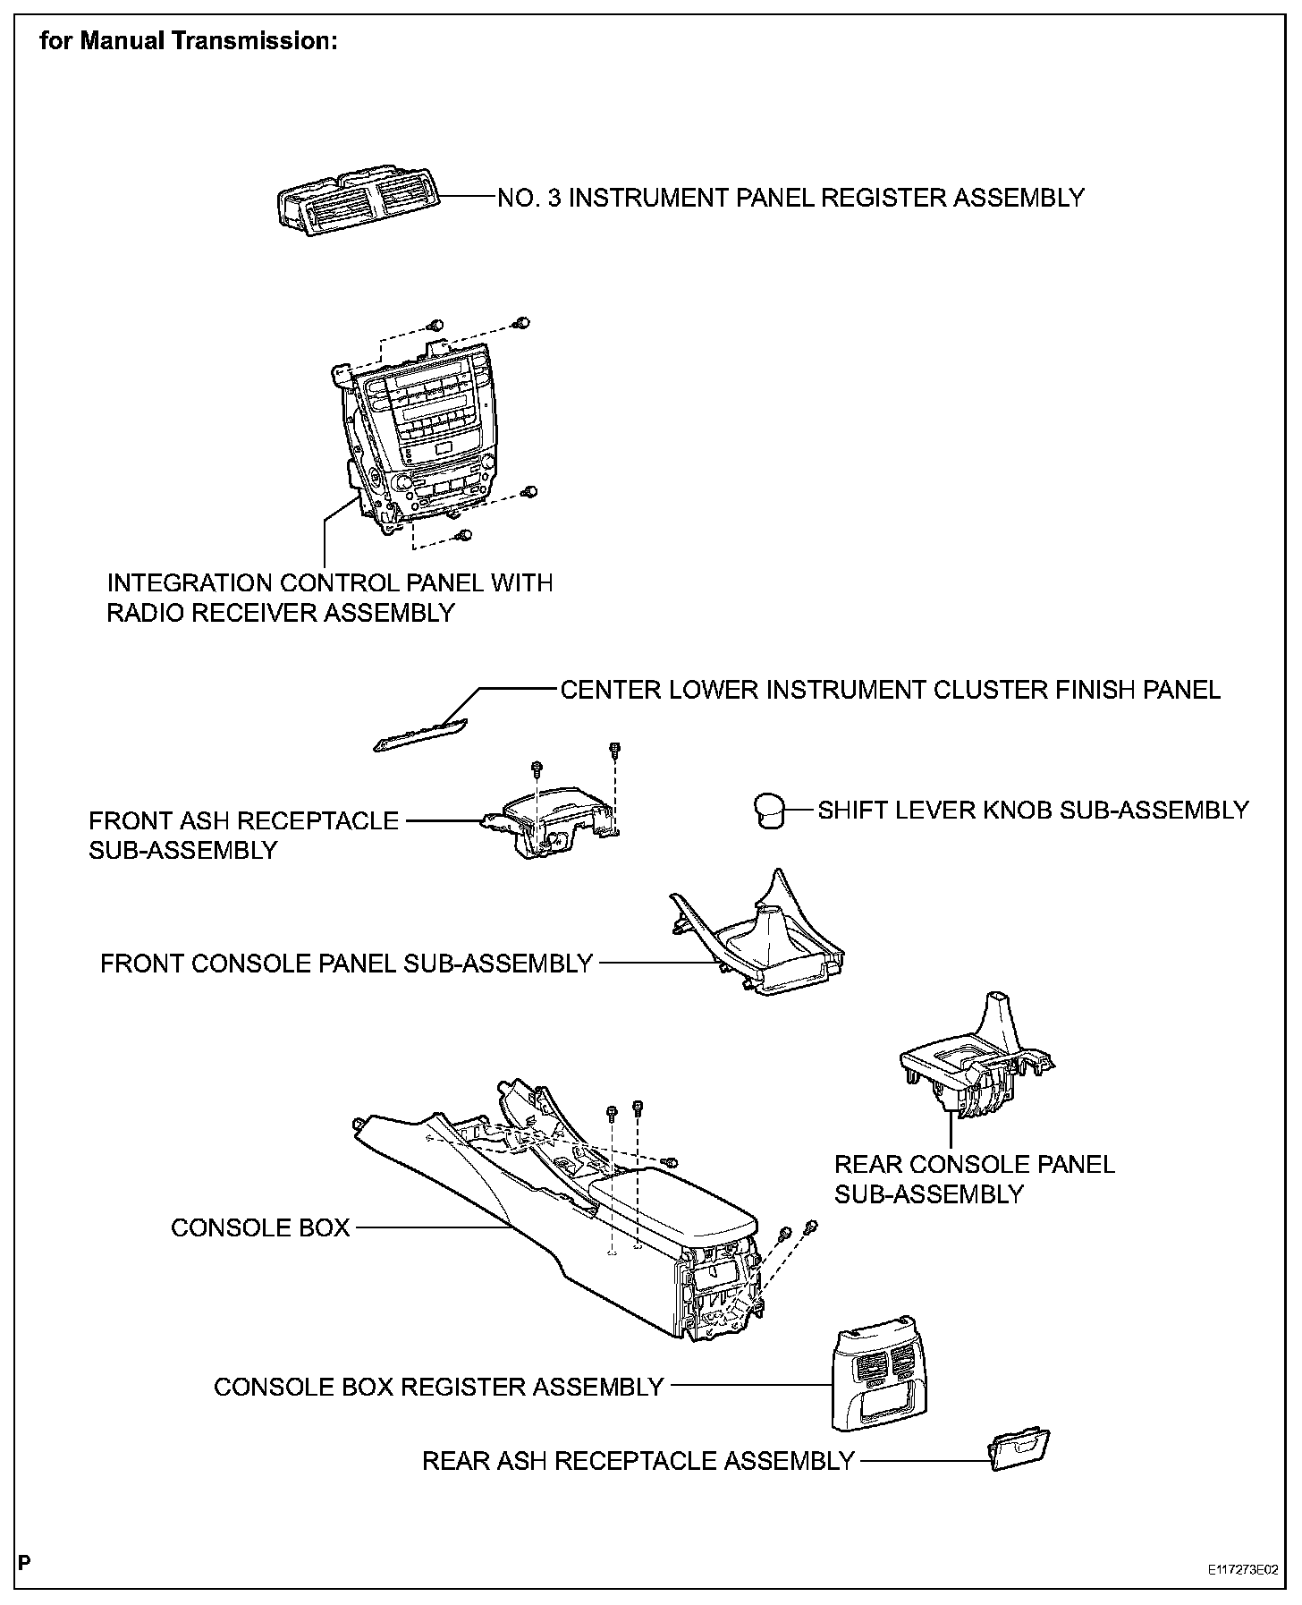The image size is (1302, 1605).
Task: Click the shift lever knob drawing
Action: click(768, 811)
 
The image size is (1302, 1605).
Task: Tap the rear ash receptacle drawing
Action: click(1019, 1450)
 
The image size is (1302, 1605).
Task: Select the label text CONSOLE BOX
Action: click(260, 1227)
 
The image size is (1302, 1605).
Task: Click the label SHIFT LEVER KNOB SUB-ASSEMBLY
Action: click(1033, 811)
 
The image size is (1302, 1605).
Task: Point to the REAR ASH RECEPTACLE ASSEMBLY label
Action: click(638, 1461)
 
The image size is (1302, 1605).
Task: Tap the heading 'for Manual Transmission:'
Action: click(189, 42)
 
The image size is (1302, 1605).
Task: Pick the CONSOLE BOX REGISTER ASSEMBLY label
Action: click(438, 1387)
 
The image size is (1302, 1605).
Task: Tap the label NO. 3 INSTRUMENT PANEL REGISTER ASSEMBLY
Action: click(790, 198)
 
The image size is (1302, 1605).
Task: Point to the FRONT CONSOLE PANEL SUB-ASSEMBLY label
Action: click(347, 964)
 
